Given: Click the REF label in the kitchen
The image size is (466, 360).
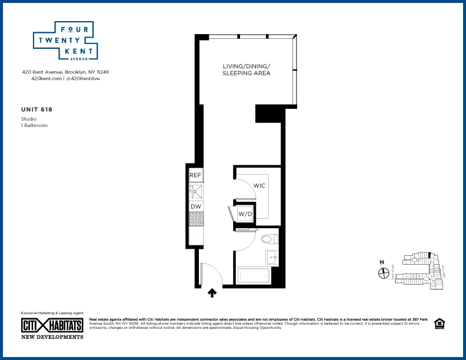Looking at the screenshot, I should (195, 175).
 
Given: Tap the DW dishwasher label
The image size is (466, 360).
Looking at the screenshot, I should (195, 206).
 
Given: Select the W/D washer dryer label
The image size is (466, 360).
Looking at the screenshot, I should (244, 214).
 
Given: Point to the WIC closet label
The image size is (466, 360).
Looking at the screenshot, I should (259, 186).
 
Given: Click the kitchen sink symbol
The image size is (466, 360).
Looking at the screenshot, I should (195, 191).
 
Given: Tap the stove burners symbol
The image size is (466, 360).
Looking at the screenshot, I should (195, 220).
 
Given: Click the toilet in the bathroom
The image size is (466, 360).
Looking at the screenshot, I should (269, 239).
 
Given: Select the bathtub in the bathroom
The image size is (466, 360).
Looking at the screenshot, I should (252, 276).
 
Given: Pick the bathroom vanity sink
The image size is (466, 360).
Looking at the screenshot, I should (272, 257).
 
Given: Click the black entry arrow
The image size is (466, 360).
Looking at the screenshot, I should (212, 291).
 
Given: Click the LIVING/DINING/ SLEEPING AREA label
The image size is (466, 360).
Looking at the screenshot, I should (246, 69).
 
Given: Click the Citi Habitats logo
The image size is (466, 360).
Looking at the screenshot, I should (52, 326).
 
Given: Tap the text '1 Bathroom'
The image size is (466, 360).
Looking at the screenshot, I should (34, 126).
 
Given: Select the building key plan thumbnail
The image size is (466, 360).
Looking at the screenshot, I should (417, 271).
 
